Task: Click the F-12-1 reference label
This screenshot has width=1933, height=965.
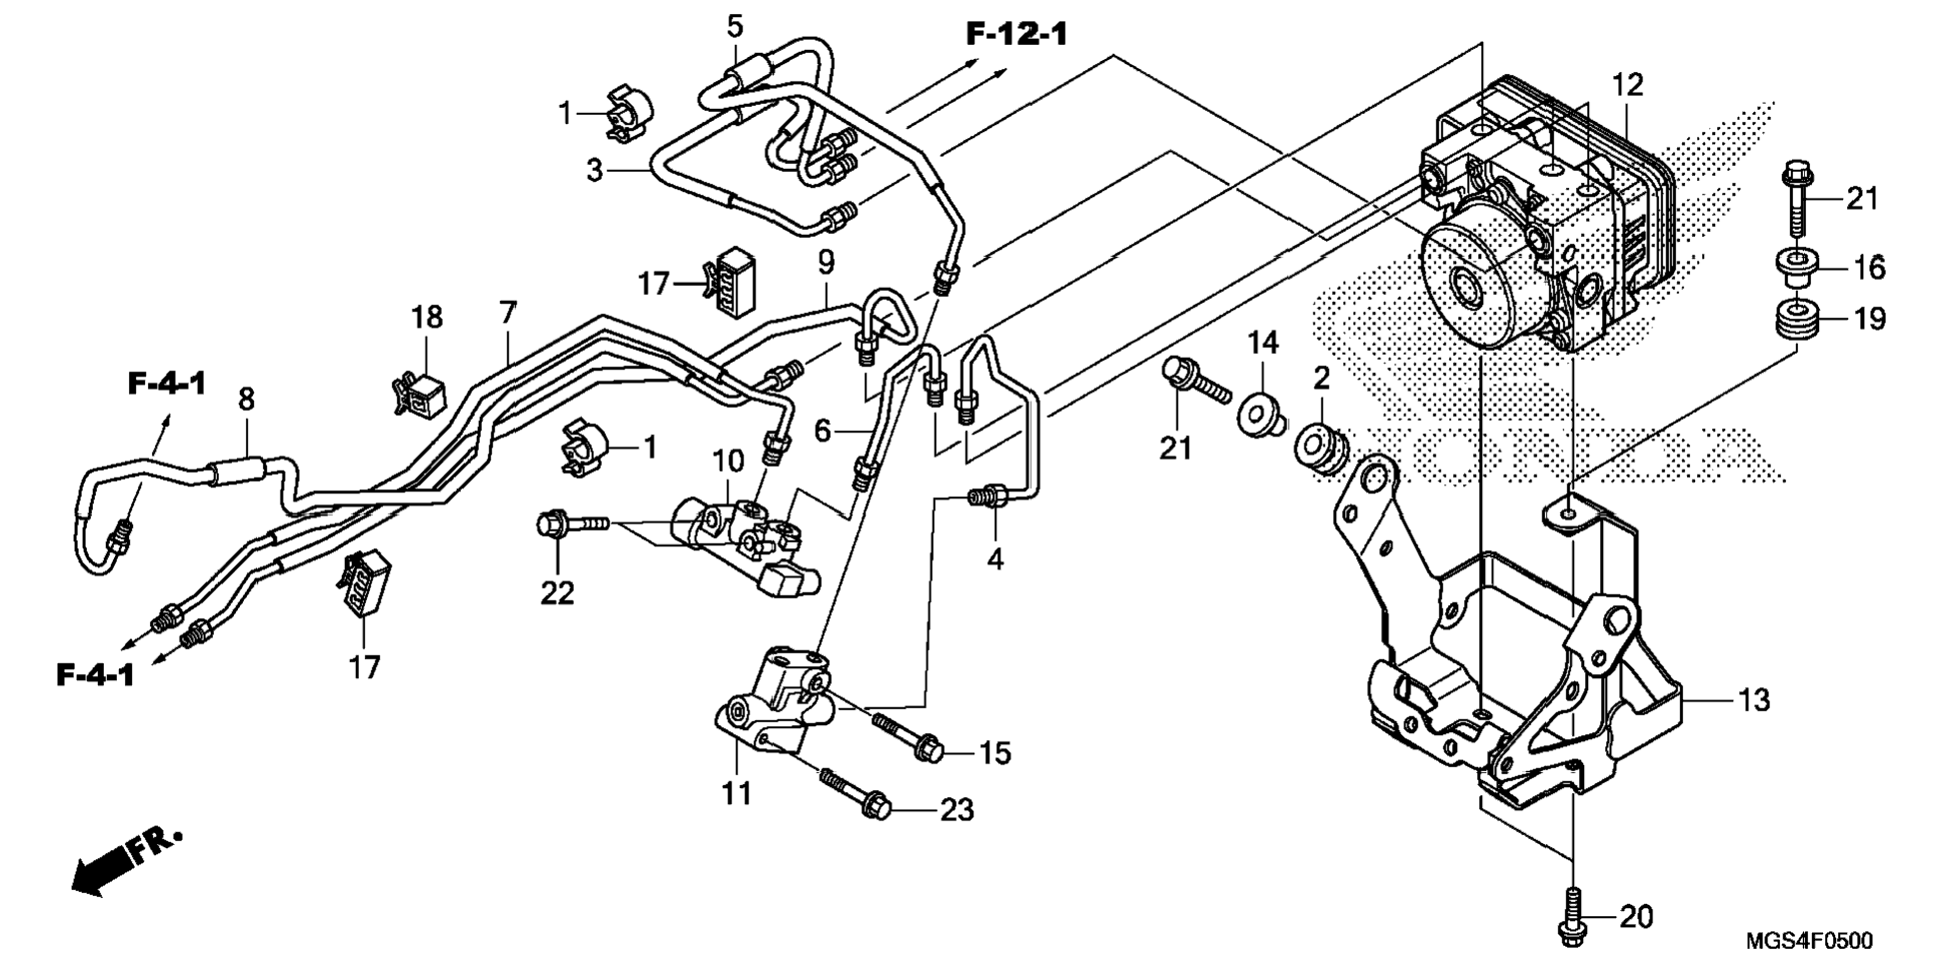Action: pos(1015,34)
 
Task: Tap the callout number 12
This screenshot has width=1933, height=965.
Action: pos(1627,85)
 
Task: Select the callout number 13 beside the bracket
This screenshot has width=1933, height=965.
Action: pos(1753,700)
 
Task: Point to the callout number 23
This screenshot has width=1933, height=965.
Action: pos(957,809)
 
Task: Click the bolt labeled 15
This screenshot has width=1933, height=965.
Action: pos(909,736)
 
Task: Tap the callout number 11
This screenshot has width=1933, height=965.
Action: pos(737,794)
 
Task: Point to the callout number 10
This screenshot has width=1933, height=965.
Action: pos(728,462)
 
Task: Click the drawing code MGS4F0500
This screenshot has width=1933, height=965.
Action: pos(1809,940)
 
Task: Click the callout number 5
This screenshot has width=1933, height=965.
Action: pos(735,26)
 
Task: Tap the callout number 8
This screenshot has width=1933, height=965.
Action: pos(246,399)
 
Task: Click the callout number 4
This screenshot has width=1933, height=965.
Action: pos(994,559)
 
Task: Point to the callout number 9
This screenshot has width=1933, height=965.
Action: pos(826,263)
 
